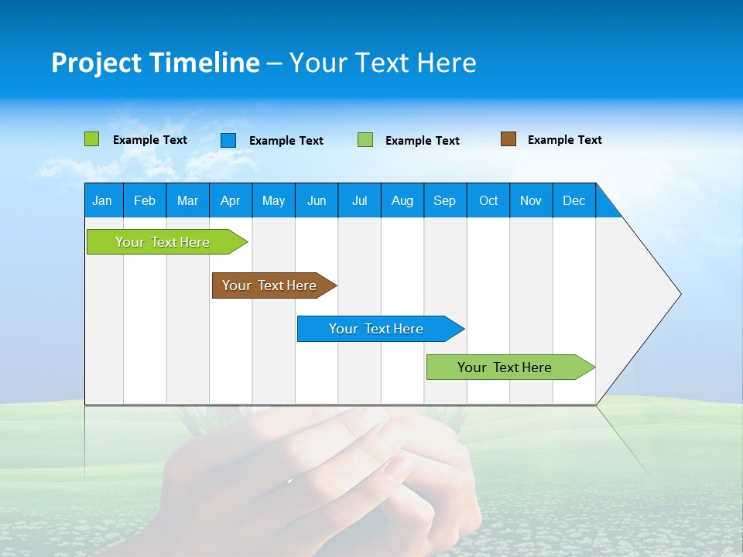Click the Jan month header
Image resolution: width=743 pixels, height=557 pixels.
pyautogui.click(x=102, y=200)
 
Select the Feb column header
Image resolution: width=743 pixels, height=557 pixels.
pyautogui.click(x=145, y=200)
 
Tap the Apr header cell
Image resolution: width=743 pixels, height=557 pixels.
pyautogui.click(x=230, y=200)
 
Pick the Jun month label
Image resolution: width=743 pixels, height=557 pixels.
pyautogui.click(x=317, y=200)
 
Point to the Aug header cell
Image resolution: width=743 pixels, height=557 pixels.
pyautogui.click(x=402, y=200)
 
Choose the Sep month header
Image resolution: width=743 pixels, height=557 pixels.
pyautogui.click(x=444, y=200)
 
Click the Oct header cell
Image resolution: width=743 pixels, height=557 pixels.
pyautogui.click(x=488, y=200)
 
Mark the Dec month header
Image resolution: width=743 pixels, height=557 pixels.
pyautogui.click(x=574, y=200)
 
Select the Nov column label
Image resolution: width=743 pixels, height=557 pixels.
pyautogui.click(x=531, y=200)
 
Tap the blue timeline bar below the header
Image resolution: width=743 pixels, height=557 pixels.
pyautogui.click(x=377, y=329)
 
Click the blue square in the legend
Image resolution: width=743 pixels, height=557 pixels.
pyautogui.click(x=228, y=140)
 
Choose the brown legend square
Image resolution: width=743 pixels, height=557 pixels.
pyautogui.click(x=508, y=139)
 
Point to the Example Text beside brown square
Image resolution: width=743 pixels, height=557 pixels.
pyautogui.click(x=564, y=140)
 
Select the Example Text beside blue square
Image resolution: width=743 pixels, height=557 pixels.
pyautogui.click(x=286, y=141)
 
